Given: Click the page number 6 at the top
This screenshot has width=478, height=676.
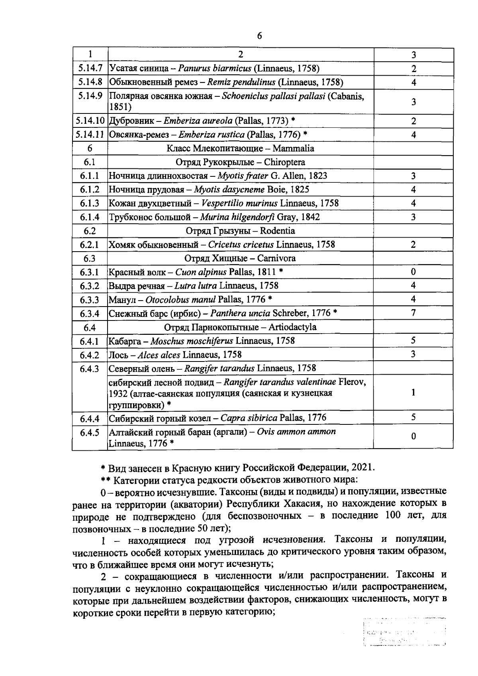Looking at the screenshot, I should [x=259, y=36].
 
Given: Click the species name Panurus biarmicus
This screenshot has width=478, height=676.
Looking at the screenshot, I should [x=215, y=68].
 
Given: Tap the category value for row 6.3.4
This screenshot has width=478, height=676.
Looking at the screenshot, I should [x=413, y=313].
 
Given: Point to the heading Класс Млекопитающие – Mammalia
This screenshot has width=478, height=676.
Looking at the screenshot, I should [x=240, y=148].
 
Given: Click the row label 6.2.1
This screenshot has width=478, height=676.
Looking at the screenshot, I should [x=90, y=244].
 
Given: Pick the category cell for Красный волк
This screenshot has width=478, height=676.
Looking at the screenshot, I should [x=413, y=272].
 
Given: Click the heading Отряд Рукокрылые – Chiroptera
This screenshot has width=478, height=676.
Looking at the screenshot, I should [x=240, y=162].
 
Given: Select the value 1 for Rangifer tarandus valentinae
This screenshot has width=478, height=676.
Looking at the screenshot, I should [x=413, y=393].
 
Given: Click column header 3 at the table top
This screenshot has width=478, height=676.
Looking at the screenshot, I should [x=414, y=55].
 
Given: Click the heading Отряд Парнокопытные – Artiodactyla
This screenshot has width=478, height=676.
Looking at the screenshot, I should [x=240, y=327].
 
